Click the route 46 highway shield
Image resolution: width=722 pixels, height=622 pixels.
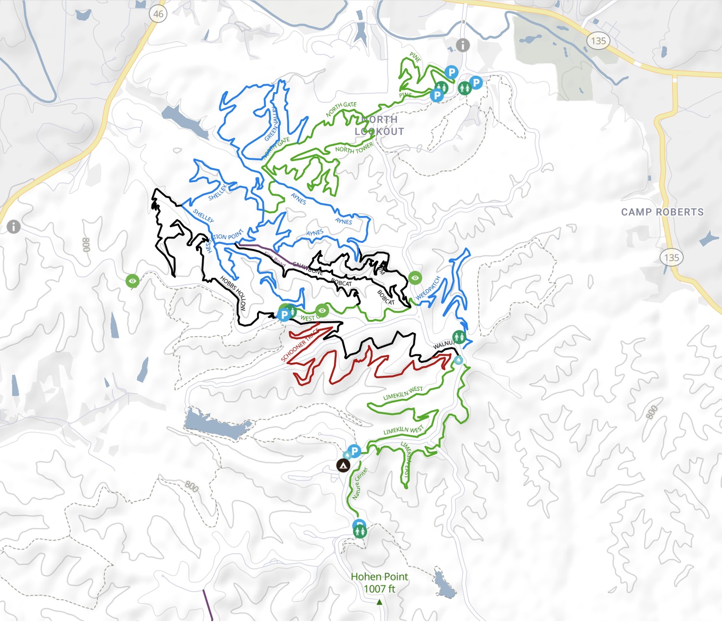coord(158,14)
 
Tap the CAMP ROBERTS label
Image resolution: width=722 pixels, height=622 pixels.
coord(662,212)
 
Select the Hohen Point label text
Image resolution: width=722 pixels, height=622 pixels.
coord(379,577)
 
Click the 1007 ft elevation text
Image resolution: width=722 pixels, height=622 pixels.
coord(379,589)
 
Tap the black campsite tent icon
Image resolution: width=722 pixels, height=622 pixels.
coord(343,465)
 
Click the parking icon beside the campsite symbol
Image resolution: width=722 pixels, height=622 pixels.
coord(354,451)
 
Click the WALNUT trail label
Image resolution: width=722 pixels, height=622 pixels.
coord(443,344)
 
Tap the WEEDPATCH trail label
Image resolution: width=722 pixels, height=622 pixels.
coord(428,288)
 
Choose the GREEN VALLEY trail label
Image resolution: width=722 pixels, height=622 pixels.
coord(272,124)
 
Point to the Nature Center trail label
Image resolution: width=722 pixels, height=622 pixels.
coord(360,483)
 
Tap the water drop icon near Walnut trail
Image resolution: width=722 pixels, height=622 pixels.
coord(458,360)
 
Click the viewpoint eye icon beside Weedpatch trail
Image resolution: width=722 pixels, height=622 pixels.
coord(415,278)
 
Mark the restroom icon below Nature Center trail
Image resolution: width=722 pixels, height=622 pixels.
coord(360,531)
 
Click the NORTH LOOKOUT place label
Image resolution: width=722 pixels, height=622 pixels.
coord(379,125)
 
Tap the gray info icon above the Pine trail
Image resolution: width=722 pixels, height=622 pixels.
coord(463,45)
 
